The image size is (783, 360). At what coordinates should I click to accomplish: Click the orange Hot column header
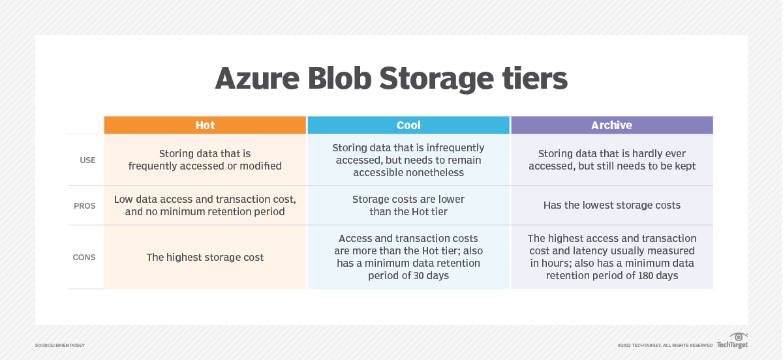pyautogui.click(x=205, y=125)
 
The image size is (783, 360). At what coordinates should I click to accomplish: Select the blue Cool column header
pyautogui.click(x=408, y=125)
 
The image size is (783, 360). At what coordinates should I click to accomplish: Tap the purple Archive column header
pyautogui.click(x=611, y=125)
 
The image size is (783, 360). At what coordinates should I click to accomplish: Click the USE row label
pyautogui.click(x=87, y=160)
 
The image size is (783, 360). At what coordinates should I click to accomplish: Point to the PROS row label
pyautogui.click(x=85, y=205)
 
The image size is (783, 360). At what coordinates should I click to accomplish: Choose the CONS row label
pyautogui.click(x=84, y=257)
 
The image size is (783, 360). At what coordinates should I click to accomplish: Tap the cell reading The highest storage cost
pyautogui.click(x=205, y=258)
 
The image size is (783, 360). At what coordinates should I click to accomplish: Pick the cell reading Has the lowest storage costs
pyautogui.click(x=611, y=205)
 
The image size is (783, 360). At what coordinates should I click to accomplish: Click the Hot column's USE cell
pyautogui.click(x=205, y=160)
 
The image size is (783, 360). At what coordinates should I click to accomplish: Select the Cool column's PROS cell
pyautogui.click(x=408, y=205)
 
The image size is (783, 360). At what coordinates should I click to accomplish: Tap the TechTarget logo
pyautogui.click(x=732, y=341)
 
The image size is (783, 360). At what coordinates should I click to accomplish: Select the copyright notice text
pyautogui.click(x=664, y=345)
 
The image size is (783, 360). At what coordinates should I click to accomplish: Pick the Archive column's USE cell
pyautogui.click(x=611, y=160)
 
